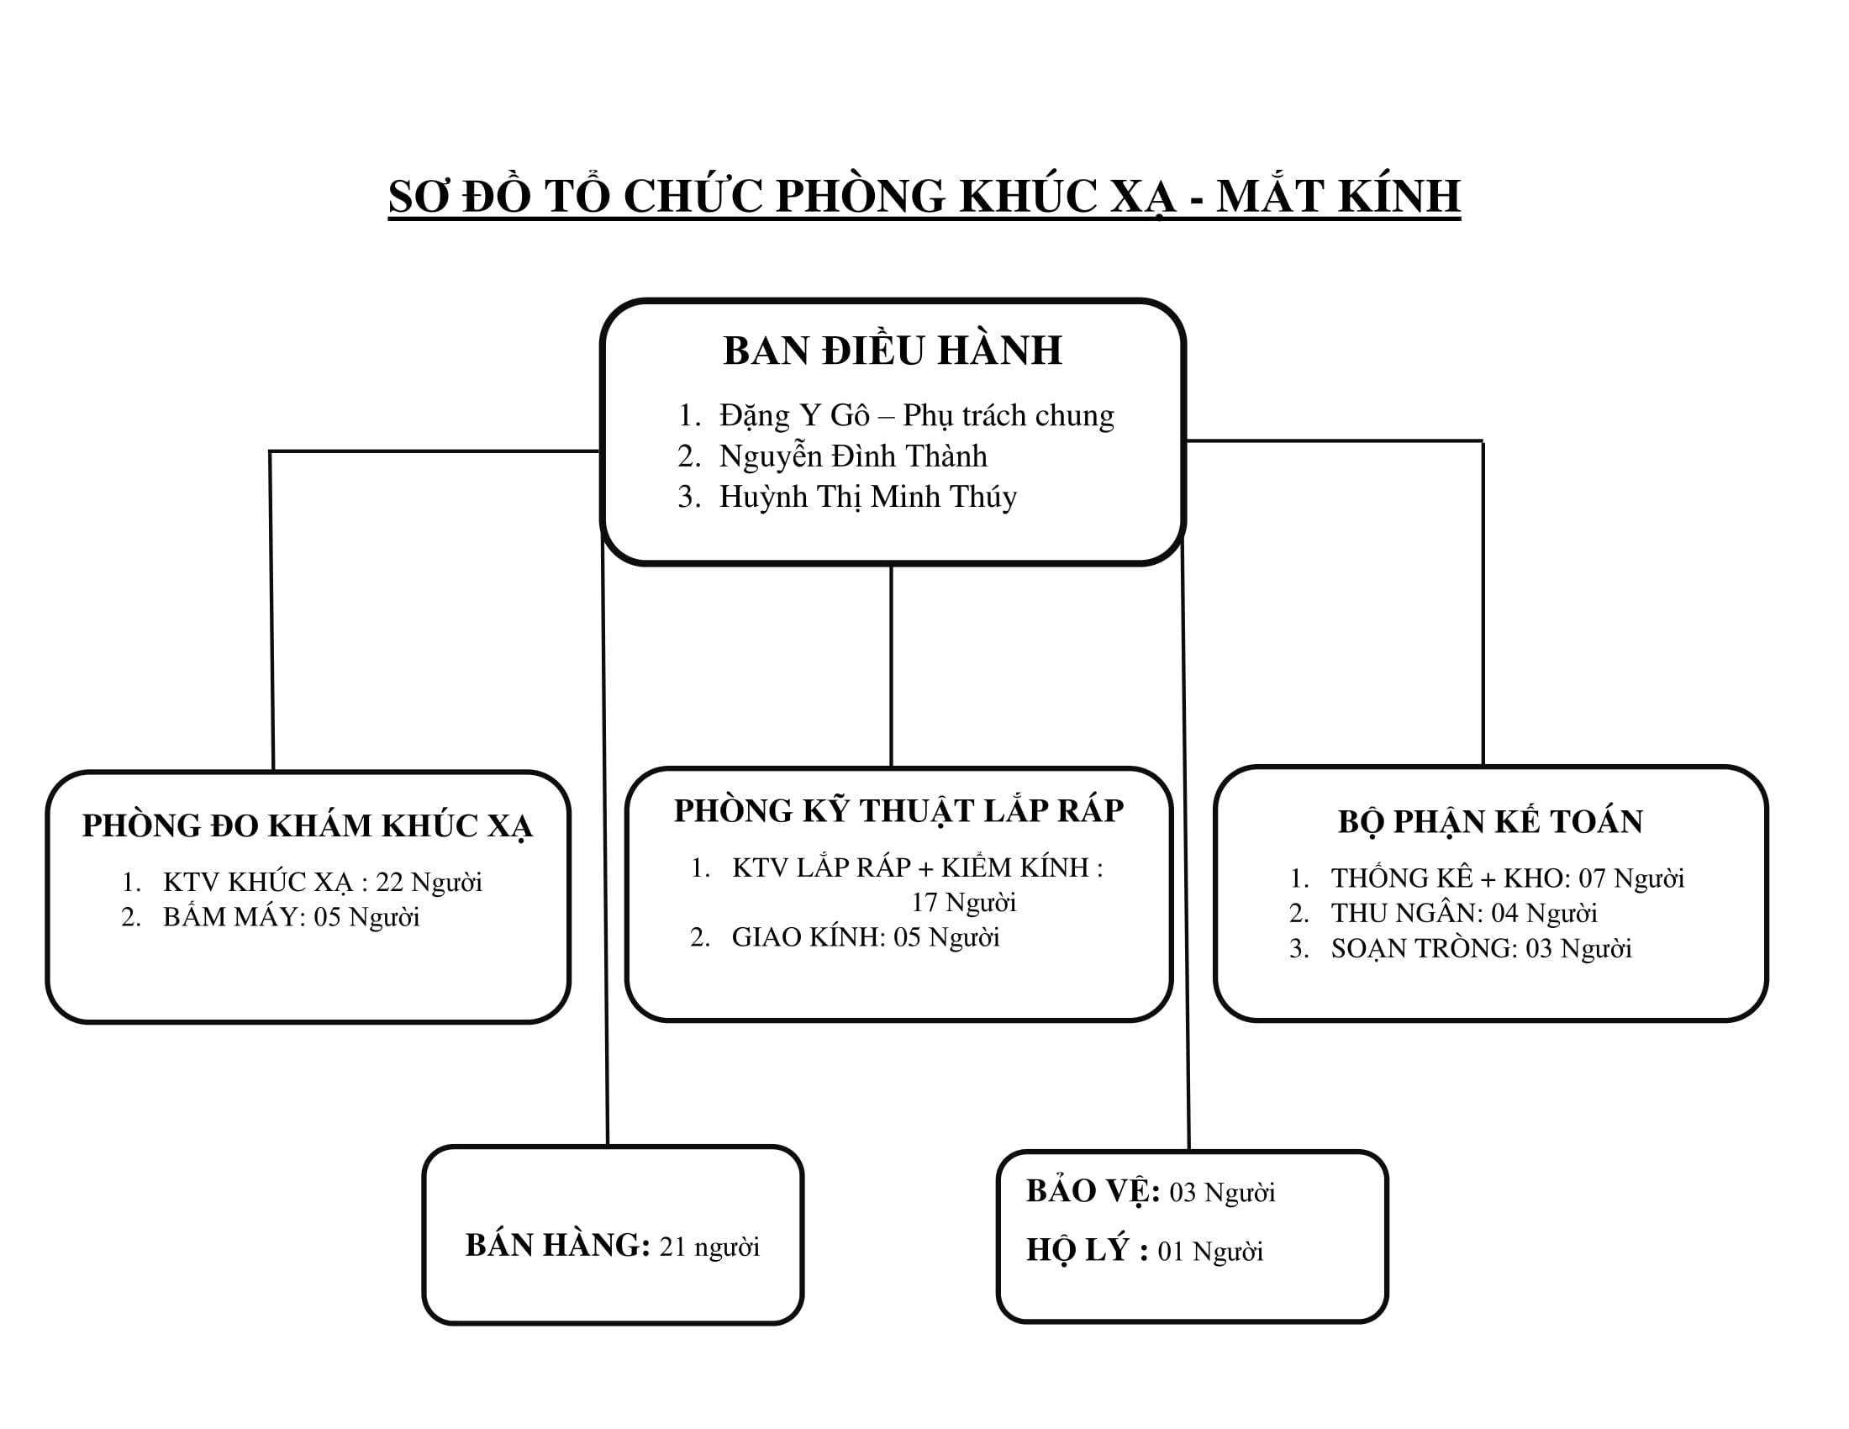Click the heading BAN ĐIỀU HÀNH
pos(893,350)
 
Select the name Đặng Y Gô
pos(794,415)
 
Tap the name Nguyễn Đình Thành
pos(853,456)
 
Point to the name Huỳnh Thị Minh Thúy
pos(868,497)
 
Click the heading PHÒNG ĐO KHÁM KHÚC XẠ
pos(308,825)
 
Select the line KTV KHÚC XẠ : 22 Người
pos(323,882)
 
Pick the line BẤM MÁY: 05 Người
pos(292,917)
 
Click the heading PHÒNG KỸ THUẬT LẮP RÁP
pos(898,810)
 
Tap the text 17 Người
pos(963,903)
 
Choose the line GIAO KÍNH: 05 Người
pos(865,937)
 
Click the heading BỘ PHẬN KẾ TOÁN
pos(1490,821)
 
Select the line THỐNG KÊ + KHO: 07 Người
pos(1507,878)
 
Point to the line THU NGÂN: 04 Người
pos(1464,913)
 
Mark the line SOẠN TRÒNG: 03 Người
pos(1481,948)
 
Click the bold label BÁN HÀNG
pos(558,1245)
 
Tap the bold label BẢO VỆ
pos(1093,1192)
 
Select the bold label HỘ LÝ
pos(1087,1251)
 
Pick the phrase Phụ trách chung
pos(1009,415)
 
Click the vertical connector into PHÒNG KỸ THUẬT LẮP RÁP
pos(892,667)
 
